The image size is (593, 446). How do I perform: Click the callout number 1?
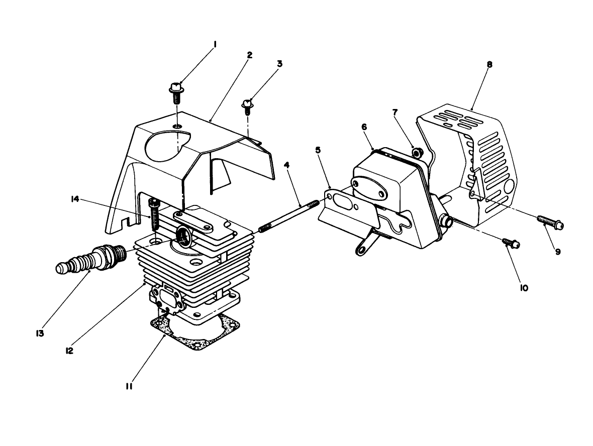tap(215, 45)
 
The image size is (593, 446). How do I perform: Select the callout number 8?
tap(489, 64)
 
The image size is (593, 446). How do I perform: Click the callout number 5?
tap(318, 150)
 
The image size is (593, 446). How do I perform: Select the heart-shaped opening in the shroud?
tap(166, 144)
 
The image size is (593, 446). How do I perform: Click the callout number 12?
tap(70, 351)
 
